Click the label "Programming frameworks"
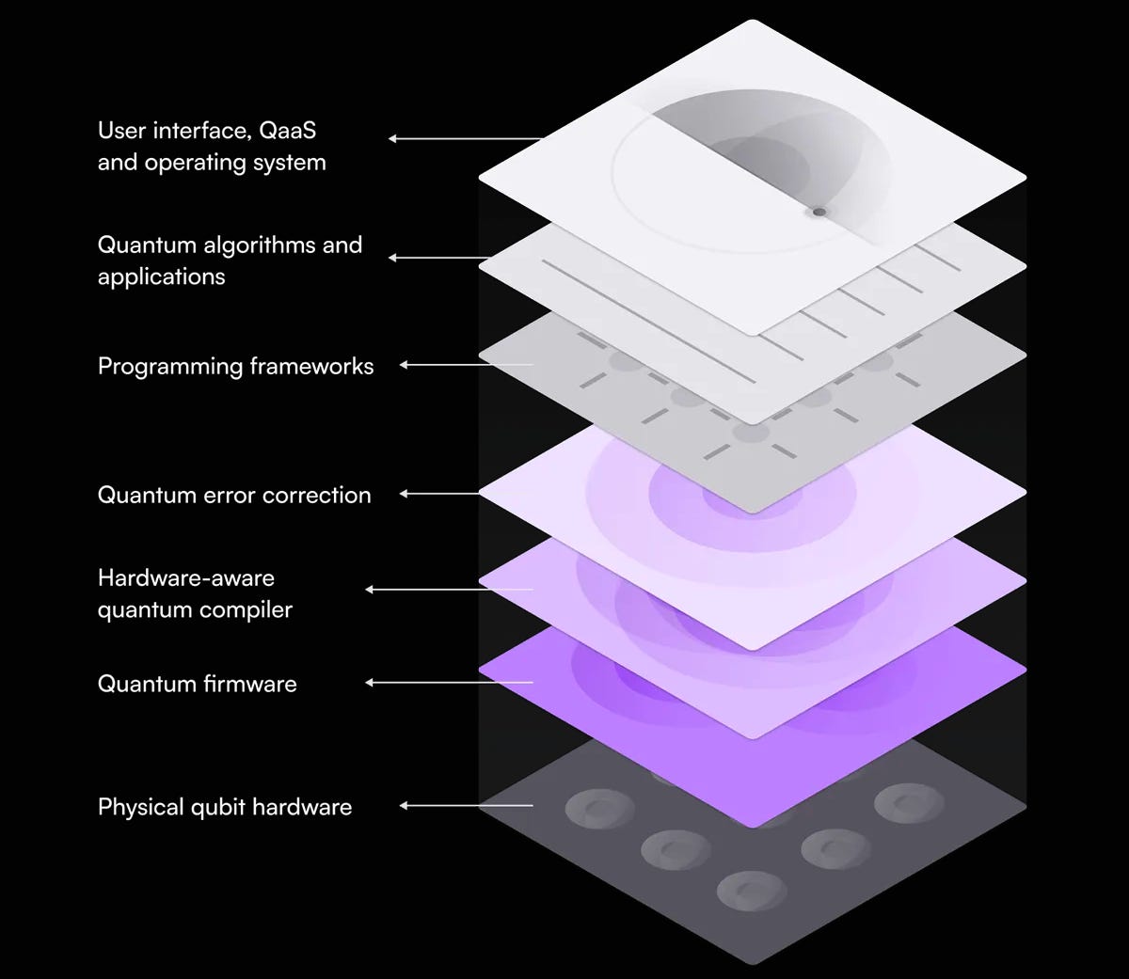(x=235, y=366)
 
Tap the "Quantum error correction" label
(x=234, y=495)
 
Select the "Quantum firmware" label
(x=197, y=684)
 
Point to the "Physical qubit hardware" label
(x=225, y=807)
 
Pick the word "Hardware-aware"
(x=186, y=577)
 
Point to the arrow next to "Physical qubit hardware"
(x=466, y=806)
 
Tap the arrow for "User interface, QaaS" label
(x=466, y=138)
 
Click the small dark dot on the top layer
(x=819, y=212)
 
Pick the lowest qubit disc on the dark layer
(x=751, y=889)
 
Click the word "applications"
(x=162, y=276)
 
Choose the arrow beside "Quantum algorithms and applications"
(x=437, y=258)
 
